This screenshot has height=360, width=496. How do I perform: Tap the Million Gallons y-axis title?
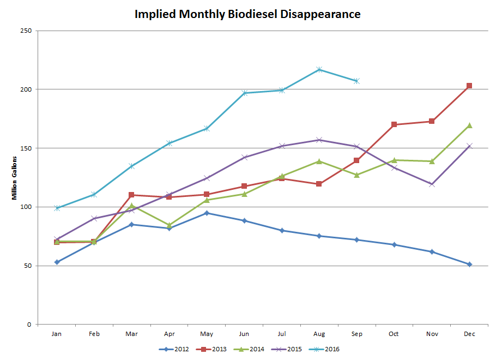[x=15, y=177]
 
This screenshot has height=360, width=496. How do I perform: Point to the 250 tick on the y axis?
[x=25, y=31]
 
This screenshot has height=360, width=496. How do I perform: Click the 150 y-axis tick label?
[x=25, y=148]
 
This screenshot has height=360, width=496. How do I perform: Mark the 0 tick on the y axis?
[x=29, y=325]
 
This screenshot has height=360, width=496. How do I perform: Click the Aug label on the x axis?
[x=319, y=334]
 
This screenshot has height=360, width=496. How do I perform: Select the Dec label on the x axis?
[x=469, y=334]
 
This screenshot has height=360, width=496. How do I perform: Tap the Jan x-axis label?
[x=56, y=334]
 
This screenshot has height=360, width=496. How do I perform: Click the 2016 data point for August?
[x=319, y=69]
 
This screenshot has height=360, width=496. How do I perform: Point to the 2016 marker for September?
[x=356, y=81]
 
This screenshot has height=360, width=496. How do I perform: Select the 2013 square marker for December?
[x=469, y=86]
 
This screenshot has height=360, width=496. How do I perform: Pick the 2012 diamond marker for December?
[x=469, y=265]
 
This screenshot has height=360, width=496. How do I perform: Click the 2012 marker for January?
[x=57, y=262]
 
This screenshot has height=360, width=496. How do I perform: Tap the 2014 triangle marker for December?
[x=469, y=125]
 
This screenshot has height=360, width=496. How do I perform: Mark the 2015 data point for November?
[x=432, y=184]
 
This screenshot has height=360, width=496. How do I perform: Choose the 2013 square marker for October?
[x=394, y=124]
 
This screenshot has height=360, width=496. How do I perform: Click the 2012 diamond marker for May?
[x=207, y=213]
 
